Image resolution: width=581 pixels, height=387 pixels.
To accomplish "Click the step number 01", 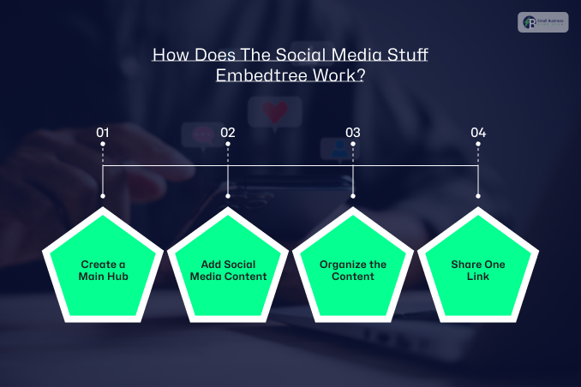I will click(103, 133).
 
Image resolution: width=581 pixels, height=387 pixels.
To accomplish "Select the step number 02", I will click(228, 133).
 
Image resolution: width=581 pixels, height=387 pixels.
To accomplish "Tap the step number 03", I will click(353, 133).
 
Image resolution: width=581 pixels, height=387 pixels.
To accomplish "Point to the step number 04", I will click(478, 133).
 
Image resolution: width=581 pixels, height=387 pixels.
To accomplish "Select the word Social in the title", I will click(271, 56).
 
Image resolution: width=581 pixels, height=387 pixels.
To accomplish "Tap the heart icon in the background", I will click(275, 111).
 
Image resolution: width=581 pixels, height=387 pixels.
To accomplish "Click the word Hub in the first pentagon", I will click(118, 277).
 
